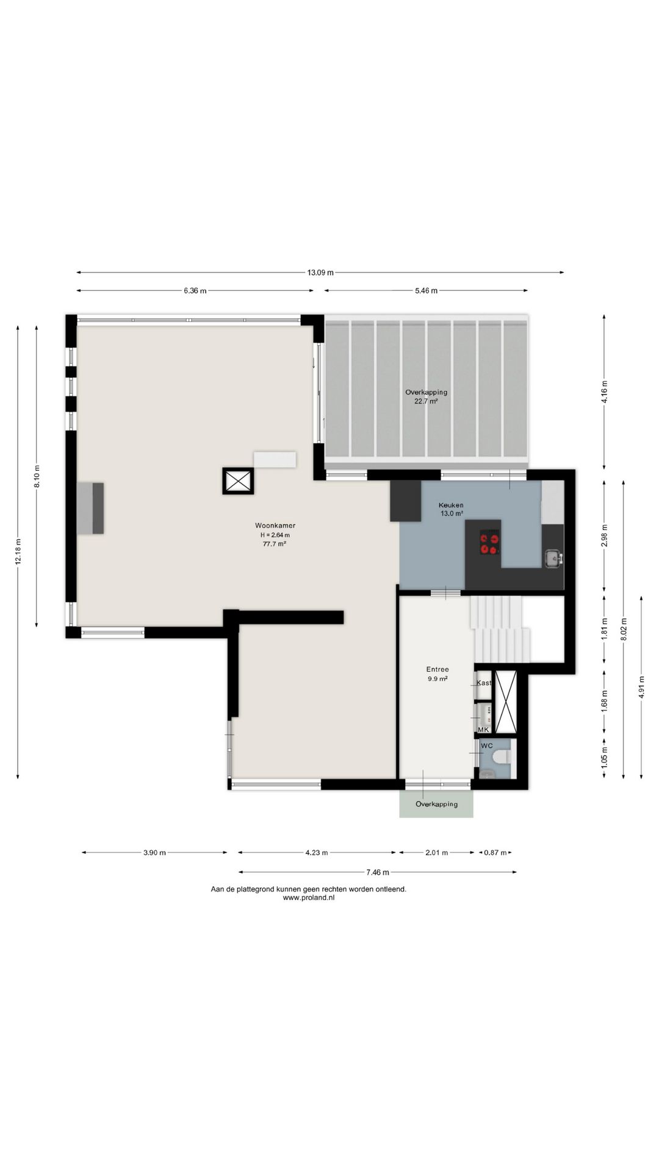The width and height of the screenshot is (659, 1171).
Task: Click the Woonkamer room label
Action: [275, 525]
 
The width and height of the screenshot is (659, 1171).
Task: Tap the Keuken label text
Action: [451, 505]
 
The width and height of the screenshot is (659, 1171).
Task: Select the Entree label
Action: [438, 669]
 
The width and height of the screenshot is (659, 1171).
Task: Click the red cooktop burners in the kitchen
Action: [489, 543]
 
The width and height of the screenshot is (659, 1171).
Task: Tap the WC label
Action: [487, 746]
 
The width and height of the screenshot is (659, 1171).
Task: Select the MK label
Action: [483, 729]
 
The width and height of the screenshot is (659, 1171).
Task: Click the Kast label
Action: [484, 682]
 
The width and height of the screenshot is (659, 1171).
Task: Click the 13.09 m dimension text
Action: [320, 273]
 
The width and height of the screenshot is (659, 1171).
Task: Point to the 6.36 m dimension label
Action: [195, 291]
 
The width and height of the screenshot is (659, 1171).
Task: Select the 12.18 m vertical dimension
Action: [18, 551]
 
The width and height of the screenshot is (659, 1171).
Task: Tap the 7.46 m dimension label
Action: [378, 872]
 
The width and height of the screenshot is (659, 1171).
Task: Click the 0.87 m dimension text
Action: [495, 853]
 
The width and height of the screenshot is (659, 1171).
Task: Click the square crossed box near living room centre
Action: [237, 481]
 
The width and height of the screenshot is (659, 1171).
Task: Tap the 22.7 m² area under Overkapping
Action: [426, 401]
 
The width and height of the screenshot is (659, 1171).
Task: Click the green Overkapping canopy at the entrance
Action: [436, 804]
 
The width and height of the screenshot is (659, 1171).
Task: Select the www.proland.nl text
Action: [309, 897]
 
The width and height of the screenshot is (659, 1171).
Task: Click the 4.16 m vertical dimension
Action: [605, 392]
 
